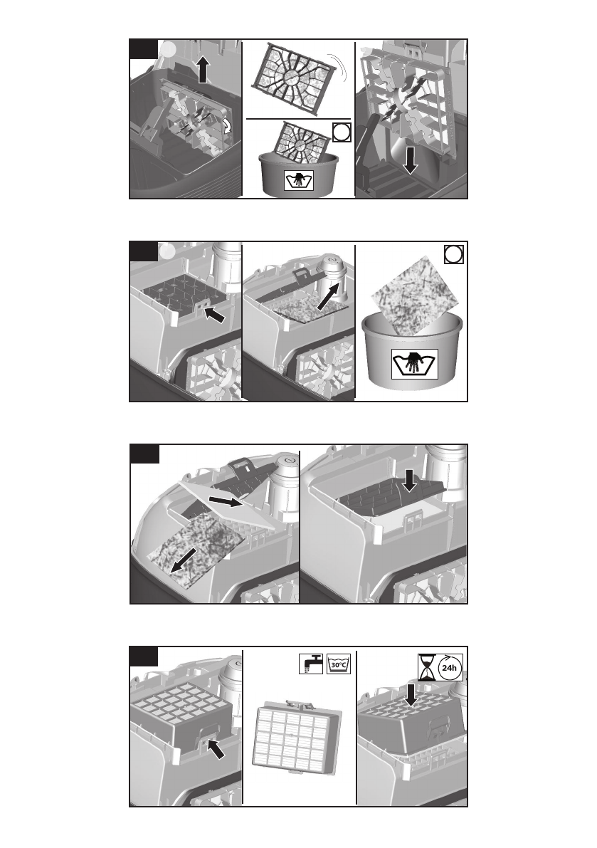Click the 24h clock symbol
[x=450, y=667]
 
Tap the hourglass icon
[x=426, y=668]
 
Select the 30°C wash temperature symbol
[x=339, y=664]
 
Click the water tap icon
[x=311, y=664]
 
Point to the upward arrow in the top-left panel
[x=203, y=70]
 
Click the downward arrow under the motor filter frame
[x=410, y=160]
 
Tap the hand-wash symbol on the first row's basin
[x=299, y=180]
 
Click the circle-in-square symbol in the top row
[x=342, y=132]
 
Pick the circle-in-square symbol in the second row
[x=454, y=254]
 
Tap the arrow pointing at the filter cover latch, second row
[x=215, y=315]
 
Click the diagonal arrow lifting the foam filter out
[x=331, y=295]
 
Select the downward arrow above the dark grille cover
[x=409, y=481]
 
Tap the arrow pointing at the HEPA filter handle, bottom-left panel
[x=216, y=748]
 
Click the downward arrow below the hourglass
[x=411, y=695]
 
